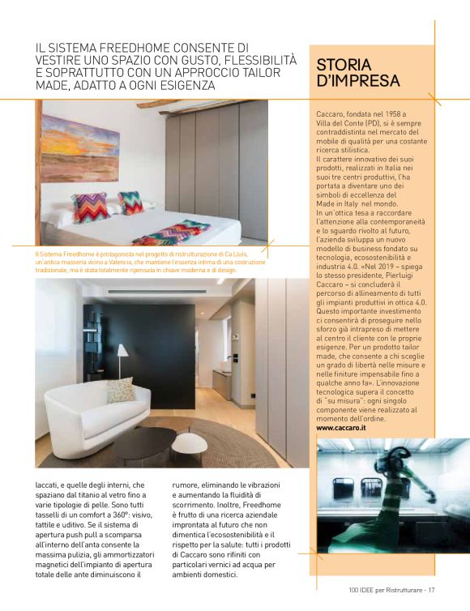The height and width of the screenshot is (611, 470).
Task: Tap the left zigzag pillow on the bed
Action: click(90, 207)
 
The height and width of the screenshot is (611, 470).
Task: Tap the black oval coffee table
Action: click(143, 442)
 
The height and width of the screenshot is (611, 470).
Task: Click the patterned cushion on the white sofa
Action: click(119, 390)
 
